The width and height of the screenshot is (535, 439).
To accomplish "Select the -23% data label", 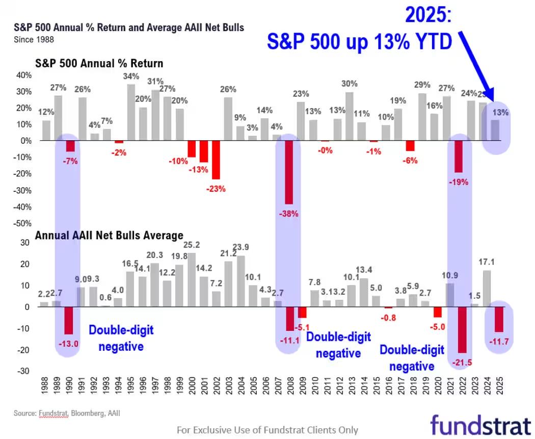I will click(x=216, y=189).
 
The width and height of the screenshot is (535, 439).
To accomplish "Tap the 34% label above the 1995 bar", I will click(x=131, y=76).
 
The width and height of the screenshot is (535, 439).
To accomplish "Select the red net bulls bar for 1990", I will click(x=69, y=320).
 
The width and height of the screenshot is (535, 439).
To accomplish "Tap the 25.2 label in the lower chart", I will click(x=192, y=244).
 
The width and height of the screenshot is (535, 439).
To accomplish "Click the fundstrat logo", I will click(x=480, y=425).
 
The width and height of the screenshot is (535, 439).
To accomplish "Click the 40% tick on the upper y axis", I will click(x=23, y=75).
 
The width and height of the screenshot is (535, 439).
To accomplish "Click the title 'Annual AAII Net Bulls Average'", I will click(x=109, y=236).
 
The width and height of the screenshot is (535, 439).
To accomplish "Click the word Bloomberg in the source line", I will click(x=87, y=413).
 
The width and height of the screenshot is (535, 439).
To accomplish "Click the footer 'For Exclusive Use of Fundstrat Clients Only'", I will click(x=267, y=430).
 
